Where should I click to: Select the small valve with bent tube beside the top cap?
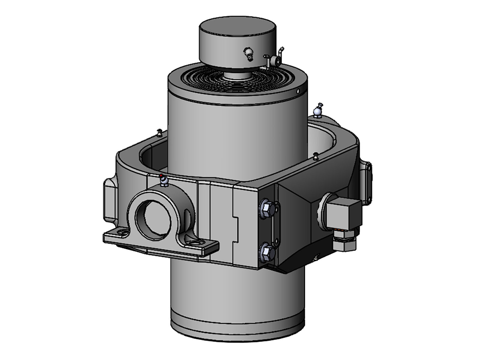275,60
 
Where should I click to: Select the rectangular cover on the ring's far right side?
367,180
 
